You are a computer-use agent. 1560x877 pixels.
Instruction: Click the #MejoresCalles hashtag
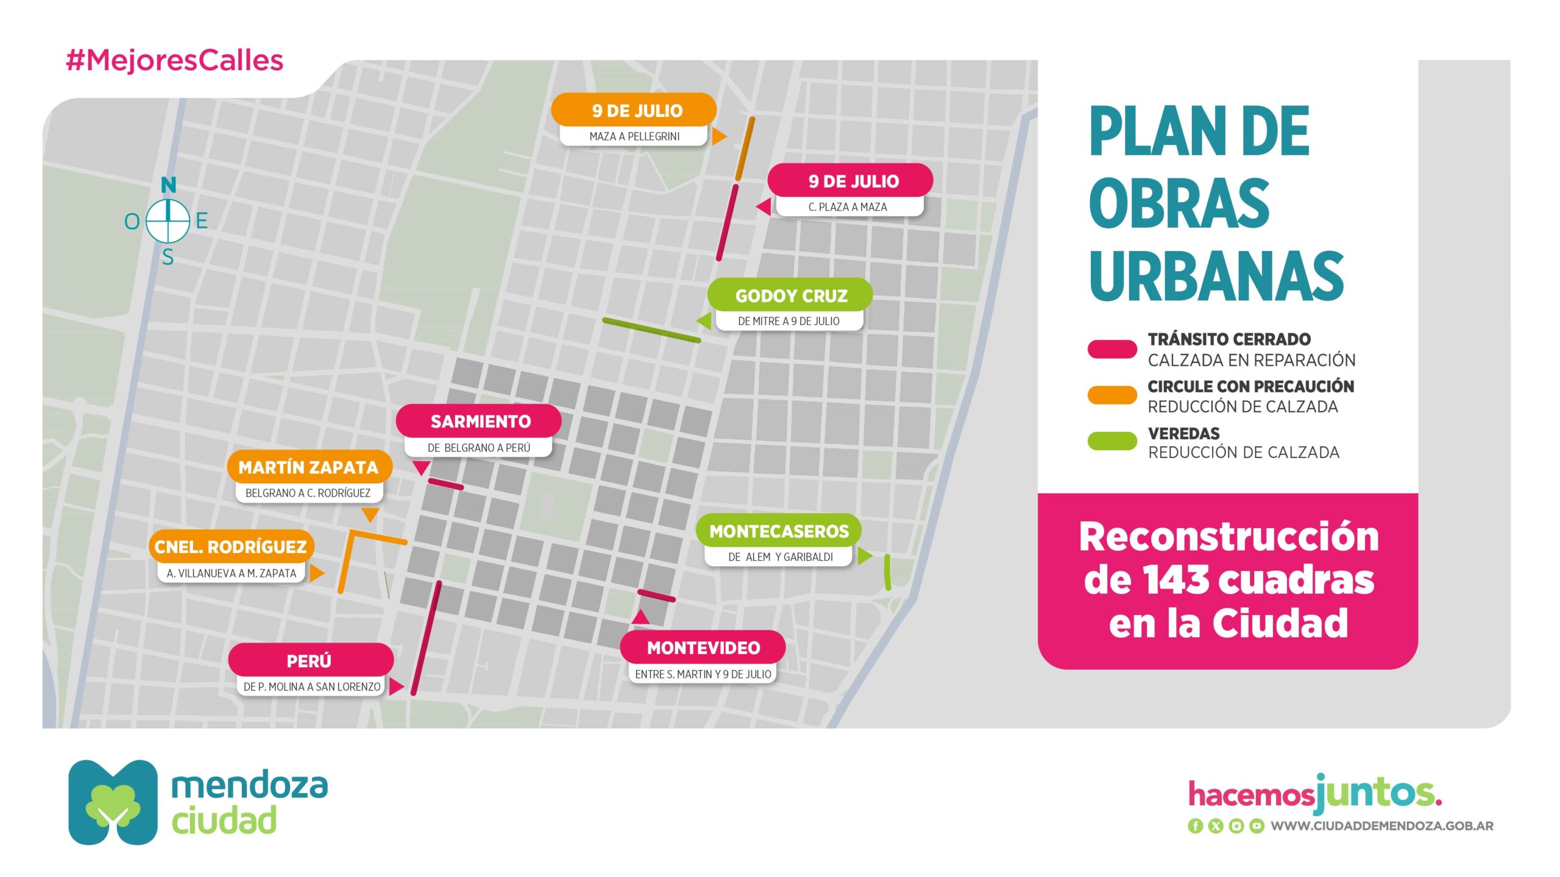[x=174, y=60]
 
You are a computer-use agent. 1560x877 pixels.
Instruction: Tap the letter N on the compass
[x=168, y=185]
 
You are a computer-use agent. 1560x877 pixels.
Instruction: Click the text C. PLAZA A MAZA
[x=848, y=207]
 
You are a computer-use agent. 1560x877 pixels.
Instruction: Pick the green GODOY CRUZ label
[x=790, y=295]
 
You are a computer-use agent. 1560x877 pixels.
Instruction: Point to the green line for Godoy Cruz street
[x=651, y=329]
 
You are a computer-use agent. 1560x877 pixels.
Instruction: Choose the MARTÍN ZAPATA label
[x=309, y=467]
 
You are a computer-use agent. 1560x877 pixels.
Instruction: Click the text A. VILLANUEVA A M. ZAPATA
[x=232, y=573]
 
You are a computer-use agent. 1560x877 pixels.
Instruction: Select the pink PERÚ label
[x=311, y=660]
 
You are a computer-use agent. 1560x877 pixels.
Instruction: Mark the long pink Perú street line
[x=426, y=638]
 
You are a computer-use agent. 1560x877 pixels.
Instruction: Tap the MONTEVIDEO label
[x=703, y=647]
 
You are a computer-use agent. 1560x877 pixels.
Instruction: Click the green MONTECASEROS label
[x=779, y=530]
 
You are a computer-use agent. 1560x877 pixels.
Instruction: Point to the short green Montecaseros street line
[x=887, y=572]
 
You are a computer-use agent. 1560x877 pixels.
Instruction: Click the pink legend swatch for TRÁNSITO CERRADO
[x=1112, y=349]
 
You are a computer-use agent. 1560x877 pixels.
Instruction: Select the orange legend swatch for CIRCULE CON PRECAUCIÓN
[x=1112, y=395]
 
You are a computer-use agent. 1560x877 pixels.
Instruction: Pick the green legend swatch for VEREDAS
[x=1112, y=441]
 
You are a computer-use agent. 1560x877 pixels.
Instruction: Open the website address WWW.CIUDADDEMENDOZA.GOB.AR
[x=1382, y=826]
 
